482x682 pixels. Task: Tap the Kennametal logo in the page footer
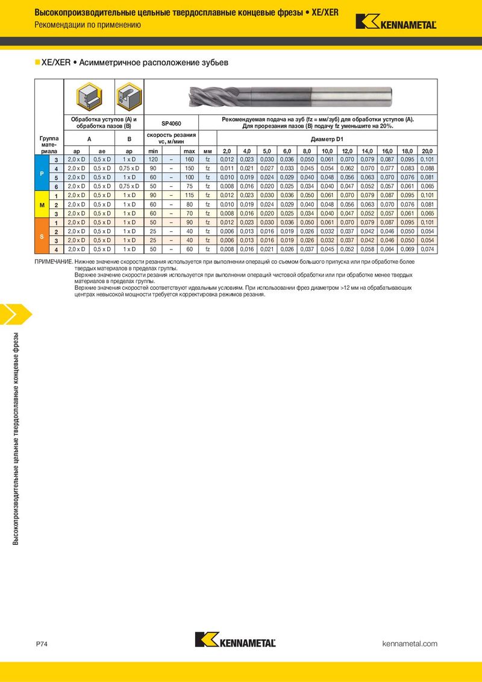[x=236, y=639]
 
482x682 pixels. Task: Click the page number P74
[x=42, y=644]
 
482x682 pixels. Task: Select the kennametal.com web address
[x=410, y=644]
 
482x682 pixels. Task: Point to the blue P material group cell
[x=41, y=173]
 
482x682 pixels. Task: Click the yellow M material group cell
[x=41, y=205]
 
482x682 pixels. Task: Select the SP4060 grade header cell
[x=172, y=123]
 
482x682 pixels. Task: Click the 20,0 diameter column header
[x=427, y=151]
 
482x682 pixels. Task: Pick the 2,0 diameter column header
[x=227, y=151]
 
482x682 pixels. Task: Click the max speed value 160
[x=189, y=159]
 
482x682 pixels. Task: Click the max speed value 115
[x=189, y=196]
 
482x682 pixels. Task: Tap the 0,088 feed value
[x=427, y=168]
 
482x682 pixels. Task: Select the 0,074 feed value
[x=427, y=249]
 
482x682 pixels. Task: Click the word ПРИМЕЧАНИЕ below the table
[x=54, y=262]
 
